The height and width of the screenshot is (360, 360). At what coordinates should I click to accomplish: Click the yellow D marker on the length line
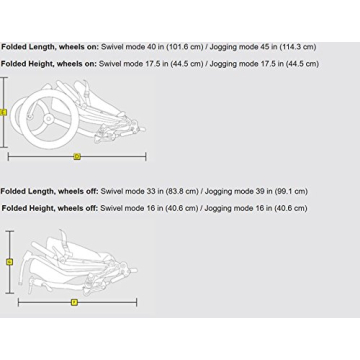click(77, 156)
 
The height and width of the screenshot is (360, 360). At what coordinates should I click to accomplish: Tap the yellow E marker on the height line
click(4, 113)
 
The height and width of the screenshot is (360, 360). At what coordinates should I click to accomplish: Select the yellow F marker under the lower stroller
click(74, 303)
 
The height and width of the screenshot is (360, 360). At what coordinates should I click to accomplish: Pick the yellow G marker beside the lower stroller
click(10, 262)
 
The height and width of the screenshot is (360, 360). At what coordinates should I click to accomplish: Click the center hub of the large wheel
click(48, 119)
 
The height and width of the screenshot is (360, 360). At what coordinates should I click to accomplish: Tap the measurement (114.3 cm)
click(298, 47)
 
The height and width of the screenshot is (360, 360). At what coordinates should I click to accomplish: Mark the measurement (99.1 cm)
click(291, 192)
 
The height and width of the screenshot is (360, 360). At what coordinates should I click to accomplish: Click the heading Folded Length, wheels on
click(50, 47)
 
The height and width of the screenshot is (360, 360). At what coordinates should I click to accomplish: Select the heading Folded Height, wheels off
click(50, 208)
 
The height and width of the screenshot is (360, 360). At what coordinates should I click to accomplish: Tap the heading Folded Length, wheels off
click(50, 192)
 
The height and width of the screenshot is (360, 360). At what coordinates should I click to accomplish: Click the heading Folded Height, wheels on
click(49, 64)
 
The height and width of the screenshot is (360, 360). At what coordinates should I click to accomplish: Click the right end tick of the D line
click(146, 157)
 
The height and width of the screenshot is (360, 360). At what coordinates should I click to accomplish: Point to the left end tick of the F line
click(18, 303)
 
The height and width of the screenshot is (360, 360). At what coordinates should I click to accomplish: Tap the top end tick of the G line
click(10, 231)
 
